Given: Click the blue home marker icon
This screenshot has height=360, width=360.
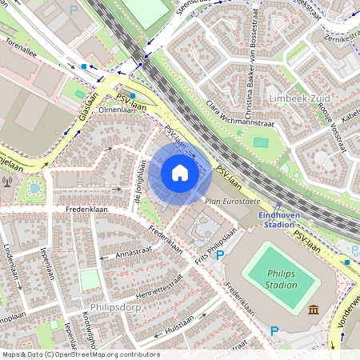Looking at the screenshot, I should click(x=180, y=173).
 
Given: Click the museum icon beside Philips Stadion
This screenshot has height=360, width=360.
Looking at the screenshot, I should click(x=312, y=310).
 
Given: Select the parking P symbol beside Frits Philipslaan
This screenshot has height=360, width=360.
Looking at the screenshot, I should click(x=220, y=254).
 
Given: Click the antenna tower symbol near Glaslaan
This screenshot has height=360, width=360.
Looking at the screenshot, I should click(x=7, y=180).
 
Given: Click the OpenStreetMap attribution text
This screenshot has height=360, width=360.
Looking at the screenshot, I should click(x=80, y=354).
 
